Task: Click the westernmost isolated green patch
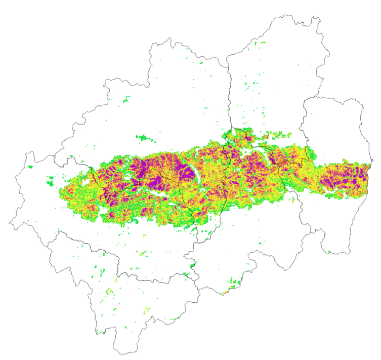(30, 166)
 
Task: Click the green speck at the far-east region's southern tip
(329, 252)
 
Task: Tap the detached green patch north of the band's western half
(145, 137)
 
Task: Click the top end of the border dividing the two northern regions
(227, 66)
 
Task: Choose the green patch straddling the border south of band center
(192, 264)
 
